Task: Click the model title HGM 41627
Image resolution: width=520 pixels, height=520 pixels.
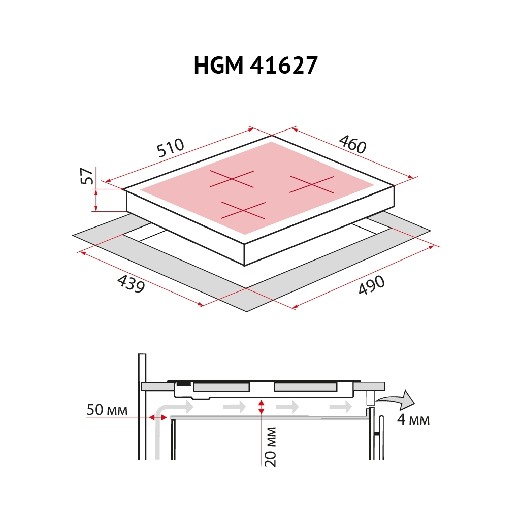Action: (255, 66)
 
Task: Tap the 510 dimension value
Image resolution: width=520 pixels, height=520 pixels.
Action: (170, 148)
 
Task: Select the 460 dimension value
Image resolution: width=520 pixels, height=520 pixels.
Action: (352, 144)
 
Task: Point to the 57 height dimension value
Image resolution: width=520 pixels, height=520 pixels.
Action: (87, 176)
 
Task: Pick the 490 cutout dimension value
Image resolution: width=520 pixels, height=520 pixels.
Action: (372, 285)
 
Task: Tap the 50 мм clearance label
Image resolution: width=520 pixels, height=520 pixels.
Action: (107, 410)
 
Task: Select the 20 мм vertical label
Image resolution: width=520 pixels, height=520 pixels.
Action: (270, 446)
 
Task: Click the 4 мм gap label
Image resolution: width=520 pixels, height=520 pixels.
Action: (413, 420)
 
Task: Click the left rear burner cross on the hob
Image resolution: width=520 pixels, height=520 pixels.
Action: (232, 179)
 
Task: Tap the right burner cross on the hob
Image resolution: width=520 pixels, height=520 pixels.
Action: (311, 184)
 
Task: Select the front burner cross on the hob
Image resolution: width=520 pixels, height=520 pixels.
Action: (243, 210)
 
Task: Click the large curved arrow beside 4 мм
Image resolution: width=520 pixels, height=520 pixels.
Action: (399, 400)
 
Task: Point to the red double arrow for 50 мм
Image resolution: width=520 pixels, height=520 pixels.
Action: (158, 417)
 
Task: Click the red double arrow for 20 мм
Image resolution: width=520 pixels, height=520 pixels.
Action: (261, 407)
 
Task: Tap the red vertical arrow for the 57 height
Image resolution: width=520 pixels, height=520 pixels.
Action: (96, 201)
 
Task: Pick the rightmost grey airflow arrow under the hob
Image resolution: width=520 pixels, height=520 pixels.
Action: (340, 407)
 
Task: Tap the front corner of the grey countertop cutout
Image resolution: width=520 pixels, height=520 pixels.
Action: (247, 310)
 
